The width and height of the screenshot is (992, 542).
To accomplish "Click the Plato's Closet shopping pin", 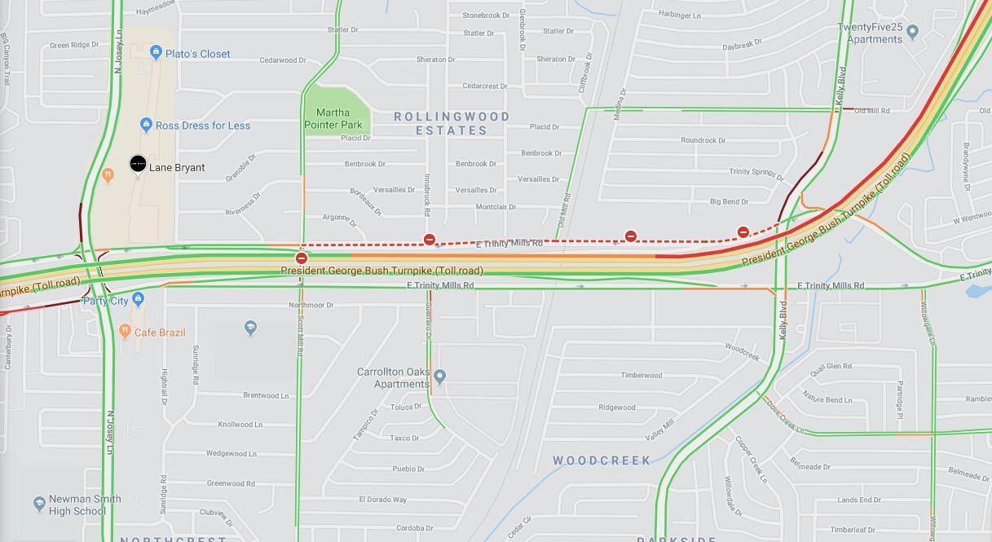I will coord(156,53).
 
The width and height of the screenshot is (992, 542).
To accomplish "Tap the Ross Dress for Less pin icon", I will coord(146,125).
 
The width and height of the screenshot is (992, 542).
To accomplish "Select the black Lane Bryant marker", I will coord(138,165).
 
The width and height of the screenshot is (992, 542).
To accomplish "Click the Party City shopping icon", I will coord(138,299).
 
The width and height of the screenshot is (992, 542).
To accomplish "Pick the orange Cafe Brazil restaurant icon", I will coord(125,331).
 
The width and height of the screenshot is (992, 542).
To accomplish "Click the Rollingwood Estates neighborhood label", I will coord(452,123).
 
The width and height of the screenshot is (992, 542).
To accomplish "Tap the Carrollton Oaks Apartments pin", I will coord(439,376).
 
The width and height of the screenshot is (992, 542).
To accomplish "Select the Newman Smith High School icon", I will coord(39,504).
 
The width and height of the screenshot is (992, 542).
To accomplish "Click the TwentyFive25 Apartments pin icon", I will coord(912,32).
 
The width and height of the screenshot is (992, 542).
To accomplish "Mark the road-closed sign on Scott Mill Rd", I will coord(302,258).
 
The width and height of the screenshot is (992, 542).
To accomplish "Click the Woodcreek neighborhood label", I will coord(602,460).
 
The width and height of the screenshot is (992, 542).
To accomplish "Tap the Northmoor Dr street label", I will coord(311,305).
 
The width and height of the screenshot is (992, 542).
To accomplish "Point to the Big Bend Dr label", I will coord(730,201).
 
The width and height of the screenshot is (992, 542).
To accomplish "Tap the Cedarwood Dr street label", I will coord(284,59).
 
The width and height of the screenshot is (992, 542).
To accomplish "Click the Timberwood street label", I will coord(641,375).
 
